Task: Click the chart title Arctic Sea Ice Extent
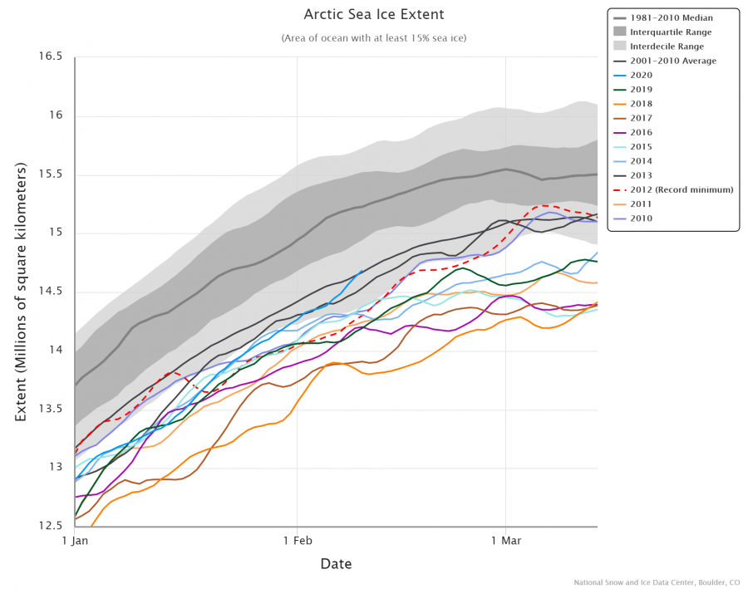coord(373,15)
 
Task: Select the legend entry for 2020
coord(641,75)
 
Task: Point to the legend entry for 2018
coord(641,104)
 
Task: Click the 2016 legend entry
coord(641,132)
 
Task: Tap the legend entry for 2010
coord(641,218)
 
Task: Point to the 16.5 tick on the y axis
coord(50,56)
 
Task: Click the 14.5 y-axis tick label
coord(50,292)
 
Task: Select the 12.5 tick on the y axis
coord(50,526)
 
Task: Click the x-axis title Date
coord(336,565)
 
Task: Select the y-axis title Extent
coord(22,292)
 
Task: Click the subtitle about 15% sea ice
coord(373,38)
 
